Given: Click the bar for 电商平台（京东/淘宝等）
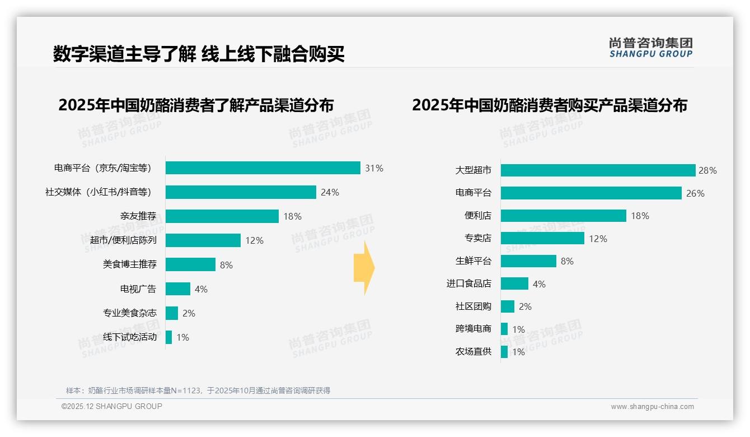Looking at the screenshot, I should (262, 168).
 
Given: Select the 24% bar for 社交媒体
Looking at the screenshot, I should (241, 192).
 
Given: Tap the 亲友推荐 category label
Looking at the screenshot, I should (138, 216).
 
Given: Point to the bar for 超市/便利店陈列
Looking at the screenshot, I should (203, 240).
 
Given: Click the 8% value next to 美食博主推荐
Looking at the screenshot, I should (226, 265).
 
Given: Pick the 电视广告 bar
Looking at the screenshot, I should (178, 289).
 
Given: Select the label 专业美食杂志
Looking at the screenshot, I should (130, 313).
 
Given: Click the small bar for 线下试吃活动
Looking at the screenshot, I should (168, 337).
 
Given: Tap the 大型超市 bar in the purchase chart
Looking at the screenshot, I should (598, 170).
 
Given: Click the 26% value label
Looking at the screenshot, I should (695, 193).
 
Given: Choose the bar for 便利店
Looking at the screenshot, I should (563, 216).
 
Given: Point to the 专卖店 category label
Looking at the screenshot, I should (478, 239).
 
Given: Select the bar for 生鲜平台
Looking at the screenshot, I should (528, 261).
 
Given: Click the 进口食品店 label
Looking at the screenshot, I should (469, 284).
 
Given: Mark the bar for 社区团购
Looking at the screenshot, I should (508, 306).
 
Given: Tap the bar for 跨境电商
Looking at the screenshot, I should (504, 329).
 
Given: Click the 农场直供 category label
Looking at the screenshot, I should (474, 352).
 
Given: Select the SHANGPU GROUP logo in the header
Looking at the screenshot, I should (651, 48).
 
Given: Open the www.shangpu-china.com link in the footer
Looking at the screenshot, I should (652, 407).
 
